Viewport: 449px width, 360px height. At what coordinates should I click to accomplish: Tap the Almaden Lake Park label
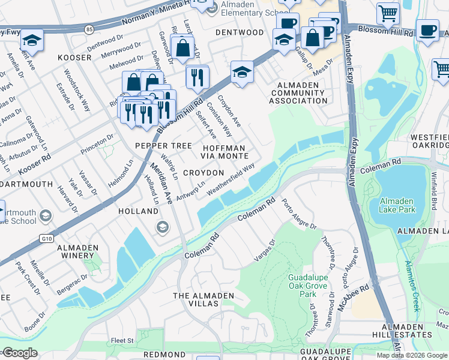pos(397,205)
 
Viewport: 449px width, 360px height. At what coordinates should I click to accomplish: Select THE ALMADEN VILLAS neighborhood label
pos(203,300)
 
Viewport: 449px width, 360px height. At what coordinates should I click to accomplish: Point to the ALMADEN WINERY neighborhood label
pos(77,251)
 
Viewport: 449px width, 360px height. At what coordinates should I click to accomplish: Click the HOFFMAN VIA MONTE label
pos(224,151)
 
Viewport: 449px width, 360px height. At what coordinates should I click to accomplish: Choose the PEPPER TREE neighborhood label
pos(163,146)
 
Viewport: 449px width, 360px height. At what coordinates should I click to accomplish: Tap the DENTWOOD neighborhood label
pos(240,32)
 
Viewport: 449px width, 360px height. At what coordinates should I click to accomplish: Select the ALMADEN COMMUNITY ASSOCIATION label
pos(298,93)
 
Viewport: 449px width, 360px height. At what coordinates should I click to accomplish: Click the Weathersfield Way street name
pos(231,178)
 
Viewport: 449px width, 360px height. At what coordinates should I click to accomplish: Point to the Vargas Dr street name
pos(265,250)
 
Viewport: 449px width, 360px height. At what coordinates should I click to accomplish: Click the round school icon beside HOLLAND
pos(161,227)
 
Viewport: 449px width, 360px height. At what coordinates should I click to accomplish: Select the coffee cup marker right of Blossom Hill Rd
pos(427,31)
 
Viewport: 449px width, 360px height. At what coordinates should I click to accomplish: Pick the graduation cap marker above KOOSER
pos(31,41)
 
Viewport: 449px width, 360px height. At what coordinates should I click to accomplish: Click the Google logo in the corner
pos(19,353)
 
